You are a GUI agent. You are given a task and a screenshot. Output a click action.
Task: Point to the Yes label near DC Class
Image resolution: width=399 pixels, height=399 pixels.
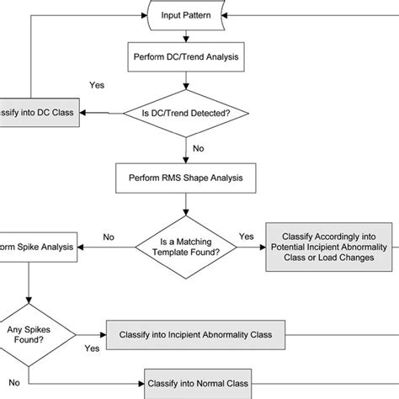point(97,85)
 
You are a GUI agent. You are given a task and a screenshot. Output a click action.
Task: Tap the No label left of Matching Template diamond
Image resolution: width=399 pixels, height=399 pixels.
point(109,237)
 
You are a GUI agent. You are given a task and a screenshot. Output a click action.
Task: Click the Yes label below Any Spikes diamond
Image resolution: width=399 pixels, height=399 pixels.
point(92,347)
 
